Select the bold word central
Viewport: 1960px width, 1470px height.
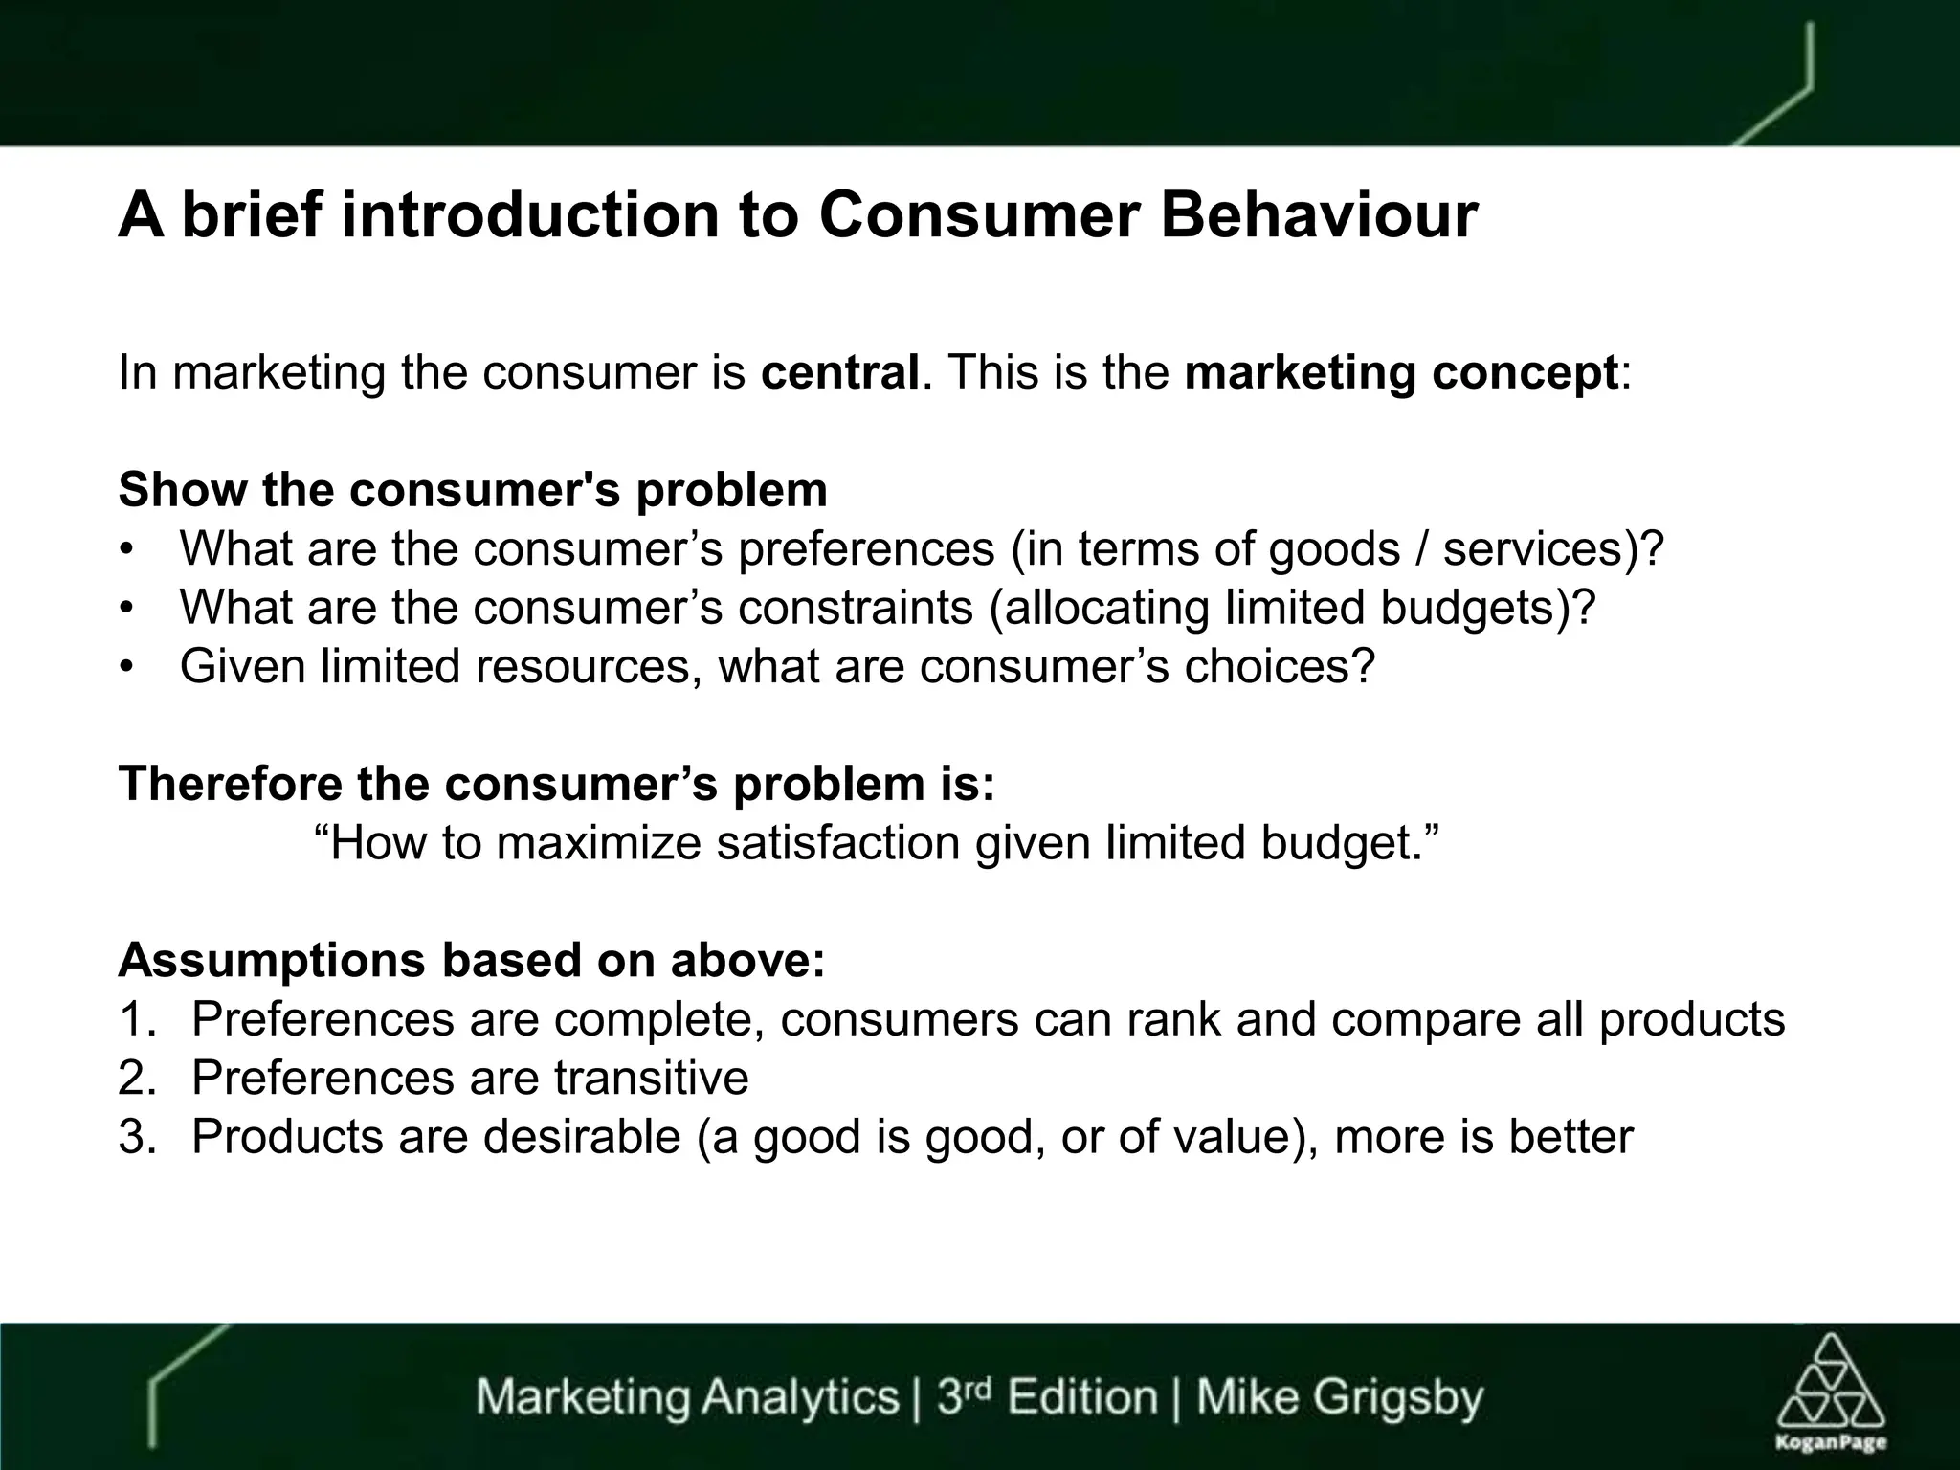[839, 372]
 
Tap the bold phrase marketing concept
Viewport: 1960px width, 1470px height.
[1401, 372]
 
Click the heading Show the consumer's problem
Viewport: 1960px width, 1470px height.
[473, 490]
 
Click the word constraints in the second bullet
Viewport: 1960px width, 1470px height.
[855, 608]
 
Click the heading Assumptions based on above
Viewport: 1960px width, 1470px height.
[471, 961]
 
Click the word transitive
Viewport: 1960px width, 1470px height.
[651, 1079]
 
